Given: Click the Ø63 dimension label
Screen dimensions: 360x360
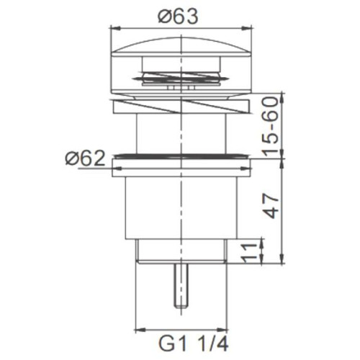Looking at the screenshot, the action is point(178,17).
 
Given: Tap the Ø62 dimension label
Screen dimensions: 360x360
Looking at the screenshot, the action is point(85,158).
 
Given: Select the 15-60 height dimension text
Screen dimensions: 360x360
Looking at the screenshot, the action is point(271,127).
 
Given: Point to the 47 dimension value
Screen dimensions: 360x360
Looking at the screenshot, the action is point(271,205).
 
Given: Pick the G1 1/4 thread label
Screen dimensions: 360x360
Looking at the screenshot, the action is point(194,343).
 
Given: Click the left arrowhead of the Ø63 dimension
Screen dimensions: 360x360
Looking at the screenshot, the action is point(114,28).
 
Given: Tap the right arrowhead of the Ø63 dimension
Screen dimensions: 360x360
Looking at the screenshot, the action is point(247,28).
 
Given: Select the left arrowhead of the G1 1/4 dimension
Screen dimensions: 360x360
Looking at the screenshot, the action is point(141,330).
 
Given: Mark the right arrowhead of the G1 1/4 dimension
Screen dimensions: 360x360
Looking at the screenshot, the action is point(222,330).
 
